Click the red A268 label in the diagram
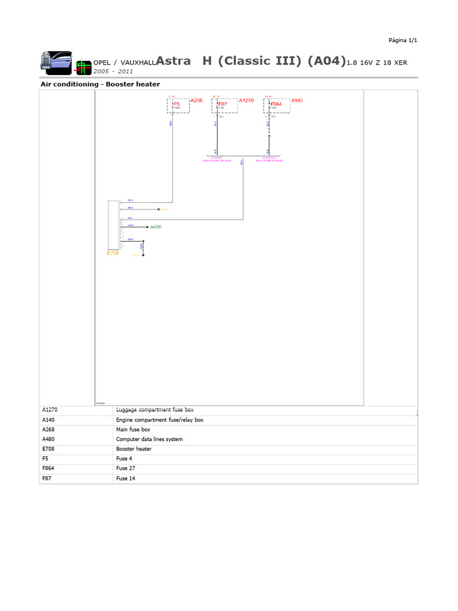196,101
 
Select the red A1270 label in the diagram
246,101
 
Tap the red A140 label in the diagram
297,101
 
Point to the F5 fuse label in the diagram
176,104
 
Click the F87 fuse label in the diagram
222,104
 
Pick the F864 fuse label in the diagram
276,104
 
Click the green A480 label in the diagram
156,227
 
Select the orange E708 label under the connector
113,254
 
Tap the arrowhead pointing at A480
147,227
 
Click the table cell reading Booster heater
134,449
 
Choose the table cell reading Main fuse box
133,430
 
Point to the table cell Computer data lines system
149,439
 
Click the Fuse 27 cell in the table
126,468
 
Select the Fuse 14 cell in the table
126,479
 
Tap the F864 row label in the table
49,468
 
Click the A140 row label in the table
49,420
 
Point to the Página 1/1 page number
403,40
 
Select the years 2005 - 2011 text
113,71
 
